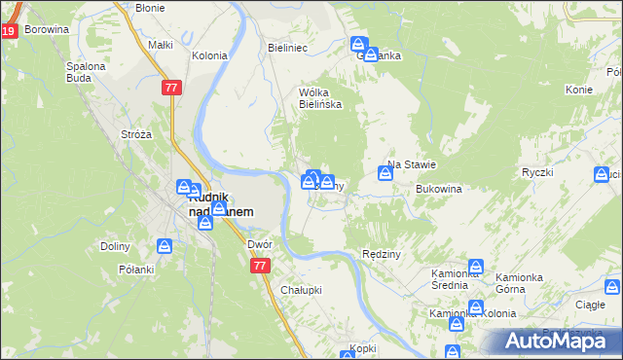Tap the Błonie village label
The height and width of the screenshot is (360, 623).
[150, 7]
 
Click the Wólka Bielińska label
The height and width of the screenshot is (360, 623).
[319, 98]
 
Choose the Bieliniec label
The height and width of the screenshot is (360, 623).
[287, 46]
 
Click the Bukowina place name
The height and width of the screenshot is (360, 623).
[437, 189]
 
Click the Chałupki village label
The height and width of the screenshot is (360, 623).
[301, 290]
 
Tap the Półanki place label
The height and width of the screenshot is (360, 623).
[137, 269]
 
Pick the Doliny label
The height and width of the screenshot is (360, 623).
[115, 246]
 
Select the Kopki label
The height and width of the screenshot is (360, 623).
[363, 347]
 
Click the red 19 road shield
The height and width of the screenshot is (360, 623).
[8, 31]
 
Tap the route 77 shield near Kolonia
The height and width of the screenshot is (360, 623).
[171, 88]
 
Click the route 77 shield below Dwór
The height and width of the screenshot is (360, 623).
[259, 266]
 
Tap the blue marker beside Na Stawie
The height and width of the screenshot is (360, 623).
[385, 173]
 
